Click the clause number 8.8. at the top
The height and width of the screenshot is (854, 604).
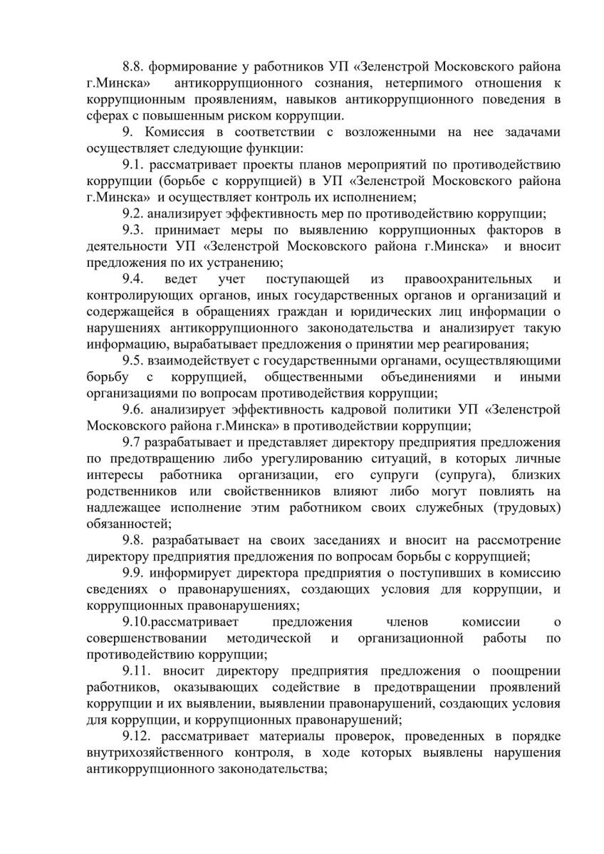coord(133,66)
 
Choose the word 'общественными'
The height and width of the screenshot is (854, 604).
coord(313,377)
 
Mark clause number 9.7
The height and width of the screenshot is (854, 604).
coord(131,443)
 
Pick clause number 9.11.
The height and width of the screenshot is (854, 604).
coord(136,672)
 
